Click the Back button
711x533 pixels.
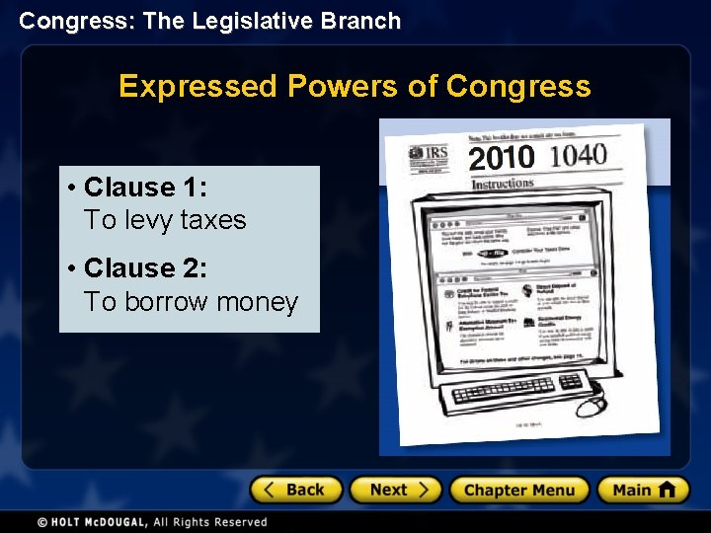tap(296, 490)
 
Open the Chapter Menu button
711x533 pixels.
tap(518, 490)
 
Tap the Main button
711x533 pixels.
tap(642, 490)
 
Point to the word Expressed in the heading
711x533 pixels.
tap(197, 87)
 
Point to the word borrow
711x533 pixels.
tap(165, 302)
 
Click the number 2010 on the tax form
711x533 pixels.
tap(502, 158)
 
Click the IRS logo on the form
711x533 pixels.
tap(431, 157)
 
